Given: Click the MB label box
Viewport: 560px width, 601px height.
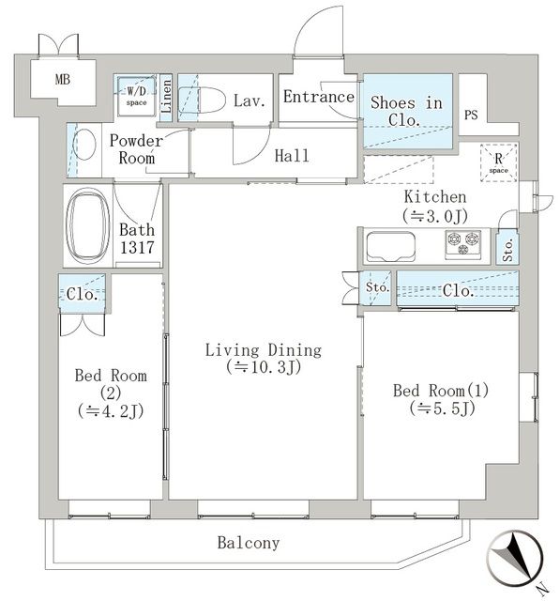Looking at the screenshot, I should coord(63,79).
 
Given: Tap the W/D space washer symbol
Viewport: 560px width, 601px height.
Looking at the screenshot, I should coord(136,95).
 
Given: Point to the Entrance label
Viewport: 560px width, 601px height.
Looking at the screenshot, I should coord(319,97).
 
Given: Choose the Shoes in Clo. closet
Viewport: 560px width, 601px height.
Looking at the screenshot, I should coord(407,111).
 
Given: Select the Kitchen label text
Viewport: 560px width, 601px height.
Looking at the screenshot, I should coord(434,197).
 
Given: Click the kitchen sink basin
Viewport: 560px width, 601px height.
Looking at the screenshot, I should coord(387,247).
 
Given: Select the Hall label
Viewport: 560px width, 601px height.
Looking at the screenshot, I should coord(292,156).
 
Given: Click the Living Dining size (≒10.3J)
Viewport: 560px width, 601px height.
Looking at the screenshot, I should coord(264,367).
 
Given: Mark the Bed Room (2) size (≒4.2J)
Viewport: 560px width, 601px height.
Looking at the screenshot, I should coord(111,409).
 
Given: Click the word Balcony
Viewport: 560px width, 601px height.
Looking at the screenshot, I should coord(248,543).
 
